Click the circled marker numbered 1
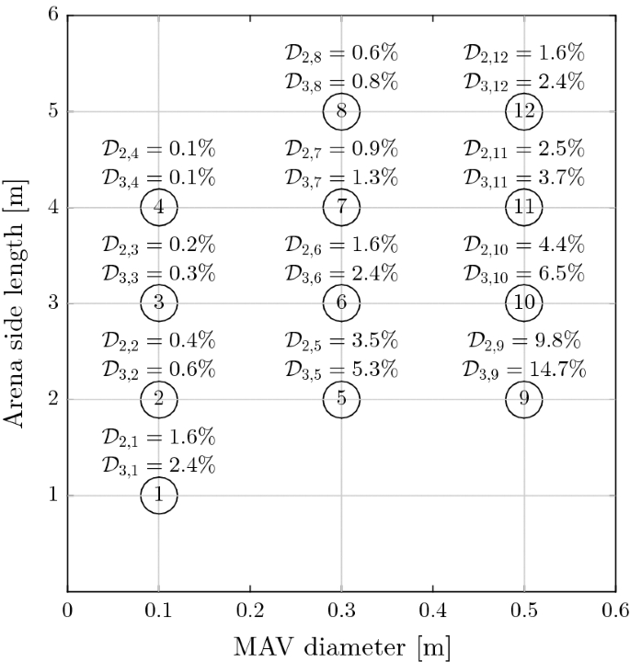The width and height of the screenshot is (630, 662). pyautogui.click(x=158, y=496)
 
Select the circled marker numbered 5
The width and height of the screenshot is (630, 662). pyautogui.click(x=341, y=399)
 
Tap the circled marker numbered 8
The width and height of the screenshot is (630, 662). pyautogui.click(x=341, y=112)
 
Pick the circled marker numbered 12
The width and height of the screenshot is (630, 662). pyautogui.click(x=524, y=112)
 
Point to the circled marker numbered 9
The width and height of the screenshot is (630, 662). pyautogui.click(x=524, y=399)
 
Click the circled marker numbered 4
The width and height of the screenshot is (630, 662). pyautogui.click(x=158, y=208)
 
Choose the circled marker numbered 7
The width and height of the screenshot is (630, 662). pyautogui.click(x=341, y=208)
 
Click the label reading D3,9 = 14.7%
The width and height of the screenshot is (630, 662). pyautogui.click(x=524, y=370)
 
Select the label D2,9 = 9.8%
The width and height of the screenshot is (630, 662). pyautogui.click(x=524, y=341)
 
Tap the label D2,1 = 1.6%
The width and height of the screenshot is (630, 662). pyautogui.click(x=158, y=437)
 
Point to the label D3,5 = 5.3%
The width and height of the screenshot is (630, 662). pyautogui.click(x=341, y=370)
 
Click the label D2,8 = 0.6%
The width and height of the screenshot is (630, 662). pyautogui.click(x=341, y=54)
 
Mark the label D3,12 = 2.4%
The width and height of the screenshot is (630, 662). pyautogui.click(x=524, y=83)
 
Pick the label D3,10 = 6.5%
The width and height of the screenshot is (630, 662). pyautogui.click(x=524, y=274)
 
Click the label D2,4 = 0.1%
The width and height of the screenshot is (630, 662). pyautogui.click(x=158, y=150)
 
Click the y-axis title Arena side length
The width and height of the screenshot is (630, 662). pyautogui.click(x=16, y=302)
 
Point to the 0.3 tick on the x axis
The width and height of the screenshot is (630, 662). pyautogui.click(x=341, y=609)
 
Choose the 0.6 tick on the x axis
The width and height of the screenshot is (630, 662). pyautogui.click(x=614, y=609)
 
